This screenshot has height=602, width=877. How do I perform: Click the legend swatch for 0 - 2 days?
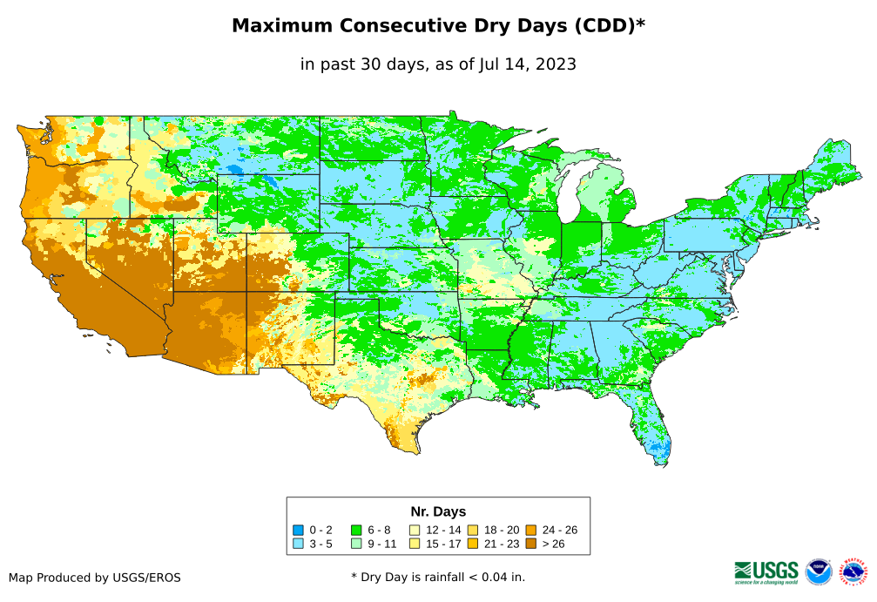pyautogui.click(x=299, y=530)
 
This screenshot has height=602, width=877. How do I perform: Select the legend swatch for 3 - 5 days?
pyautogui.click(x=299, y=544)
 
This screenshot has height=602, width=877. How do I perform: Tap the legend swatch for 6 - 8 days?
pyautogui.click(x=356, y=530)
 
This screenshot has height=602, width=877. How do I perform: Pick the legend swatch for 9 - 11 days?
pyautogui.click(x=356, y=544)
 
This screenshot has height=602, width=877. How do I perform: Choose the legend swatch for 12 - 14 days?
pyautogui.click(x=415, y=530)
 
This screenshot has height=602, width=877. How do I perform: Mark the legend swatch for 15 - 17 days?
pyautogui.click(x=415, y=544)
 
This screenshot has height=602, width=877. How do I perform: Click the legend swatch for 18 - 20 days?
pyautogui.click(x=473, y=530)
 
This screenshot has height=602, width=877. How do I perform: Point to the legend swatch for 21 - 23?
pyautogui.click(x=473, y=544)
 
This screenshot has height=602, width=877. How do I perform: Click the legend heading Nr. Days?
pyautogui.click(x=438, y=511)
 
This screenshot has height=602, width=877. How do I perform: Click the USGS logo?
pyautogui.click(x=766, y=571)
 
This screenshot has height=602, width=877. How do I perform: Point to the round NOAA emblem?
pyautogui.click(x=819, y=572)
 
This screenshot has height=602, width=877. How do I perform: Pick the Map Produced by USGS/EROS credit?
pyautogui.click(x=95, y=578)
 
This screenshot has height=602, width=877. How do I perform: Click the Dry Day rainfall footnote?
pyautogui.click(x=438, y=577)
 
